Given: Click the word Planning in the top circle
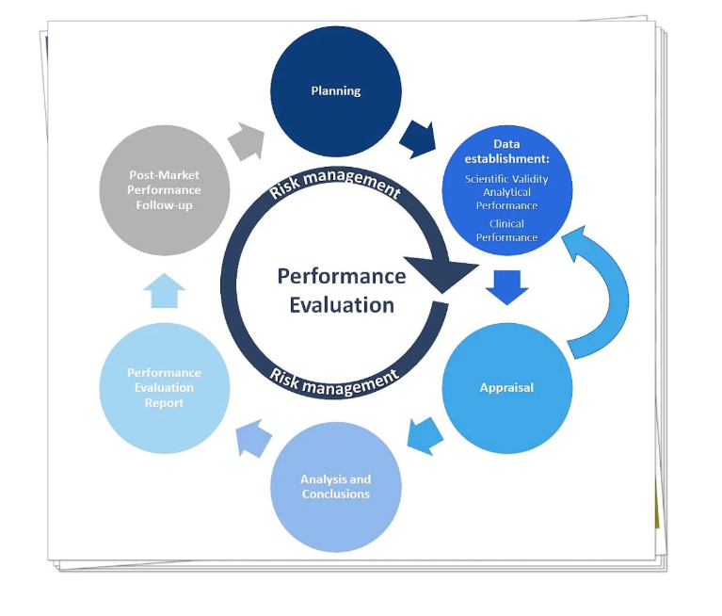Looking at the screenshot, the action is click(x=336, y=90).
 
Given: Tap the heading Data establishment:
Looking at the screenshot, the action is click(x=507, y=152).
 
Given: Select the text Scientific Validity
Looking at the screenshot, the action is click(x=506, y=179).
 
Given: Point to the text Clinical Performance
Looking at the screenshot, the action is click(x=506, y=231).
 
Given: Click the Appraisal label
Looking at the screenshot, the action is click(x=506, y=387).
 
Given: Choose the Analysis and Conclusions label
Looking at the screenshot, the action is click(x=336, y=487).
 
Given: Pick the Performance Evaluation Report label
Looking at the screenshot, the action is click(x=164, y=387).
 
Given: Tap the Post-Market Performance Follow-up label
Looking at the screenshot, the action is click(x=164, y=190).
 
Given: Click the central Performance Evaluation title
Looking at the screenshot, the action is click(x=342, y=290).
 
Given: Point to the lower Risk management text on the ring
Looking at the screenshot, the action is click(x=334, y=381).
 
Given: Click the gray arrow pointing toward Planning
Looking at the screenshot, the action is click(x=247, y=141).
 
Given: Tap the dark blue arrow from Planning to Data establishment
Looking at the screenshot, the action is click(x=418, y=139).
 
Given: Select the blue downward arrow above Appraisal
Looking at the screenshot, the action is click(x=507, y=287).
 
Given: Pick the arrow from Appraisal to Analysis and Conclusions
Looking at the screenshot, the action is click(x=425, y=436).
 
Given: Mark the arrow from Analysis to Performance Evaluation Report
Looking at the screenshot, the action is click(x=254, y=438).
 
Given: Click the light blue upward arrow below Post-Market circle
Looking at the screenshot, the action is click(x=165, y=291).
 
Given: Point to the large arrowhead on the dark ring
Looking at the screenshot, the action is click(x=442, y=274).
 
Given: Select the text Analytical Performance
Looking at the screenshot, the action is click(x=506, y=199).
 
